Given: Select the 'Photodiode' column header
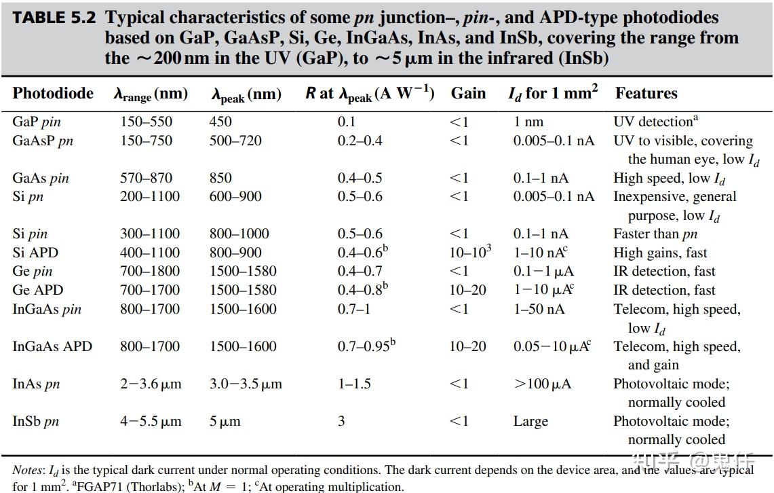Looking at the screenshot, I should (x=53, y=93).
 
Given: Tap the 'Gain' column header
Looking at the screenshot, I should (x=468, y=93).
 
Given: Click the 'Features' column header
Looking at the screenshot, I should (x=646, y=93).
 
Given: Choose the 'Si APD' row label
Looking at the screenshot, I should (x=35, y=253).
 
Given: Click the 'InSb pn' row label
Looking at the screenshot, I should (x=35, y=421).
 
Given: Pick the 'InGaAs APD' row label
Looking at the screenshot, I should (x=52, y=346).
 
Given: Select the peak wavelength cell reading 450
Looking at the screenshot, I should (x=220, y=122).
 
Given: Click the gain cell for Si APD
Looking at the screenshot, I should (x=469, y=253).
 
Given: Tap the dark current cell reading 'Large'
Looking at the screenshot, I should (x=530, y=421).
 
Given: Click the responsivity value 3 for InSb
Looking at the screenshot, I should (x=341, y=421).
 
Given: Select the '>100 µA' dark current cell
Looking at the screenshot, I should (x=542, y=384).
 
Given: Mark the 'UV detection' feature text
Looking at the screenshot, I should (x=654, y=122).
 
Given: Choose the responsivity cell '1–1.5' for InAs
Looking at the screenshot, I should (x=354, y=384).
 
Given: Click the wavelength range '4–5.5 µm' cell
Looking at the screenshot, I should (x=151, y=421).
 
